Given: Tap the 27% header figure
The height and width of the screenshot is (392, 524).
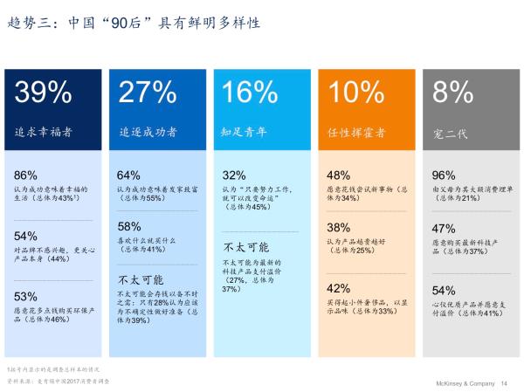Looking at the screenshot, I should pos(148,93).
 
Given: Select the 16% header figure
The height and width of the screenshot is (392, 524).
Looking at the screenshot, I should pos(249,93).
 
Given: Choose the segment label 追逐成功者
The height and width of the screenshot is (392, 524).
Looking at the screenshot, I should pos(148,133).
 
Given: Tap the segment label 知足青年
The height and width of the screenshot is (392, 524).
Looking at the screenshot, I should pos(245,133).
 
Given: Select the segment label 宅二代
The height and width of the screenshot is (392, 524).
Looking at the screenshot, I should pos(450,134).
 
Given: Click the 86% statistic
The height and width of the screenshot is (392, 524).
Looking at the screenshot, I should pos(26,175).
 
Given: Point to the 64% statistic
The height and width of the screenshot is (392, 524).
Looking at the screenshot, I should pos(128,175).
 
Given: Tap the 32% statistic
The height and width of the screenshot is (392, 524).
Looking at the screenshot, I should pos(234,175).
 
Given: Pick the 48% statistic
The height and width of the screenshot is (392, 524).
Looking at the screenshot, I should pos(339,175).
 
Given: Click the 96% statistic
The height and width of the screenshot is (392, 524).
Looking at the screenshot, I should pos(444,175).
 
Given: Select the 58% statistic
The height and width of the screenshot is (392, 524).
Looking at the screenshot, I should pos(128,226).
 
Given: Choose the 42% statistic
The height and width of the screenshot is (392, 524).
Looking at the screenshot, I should pos(339,288).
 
